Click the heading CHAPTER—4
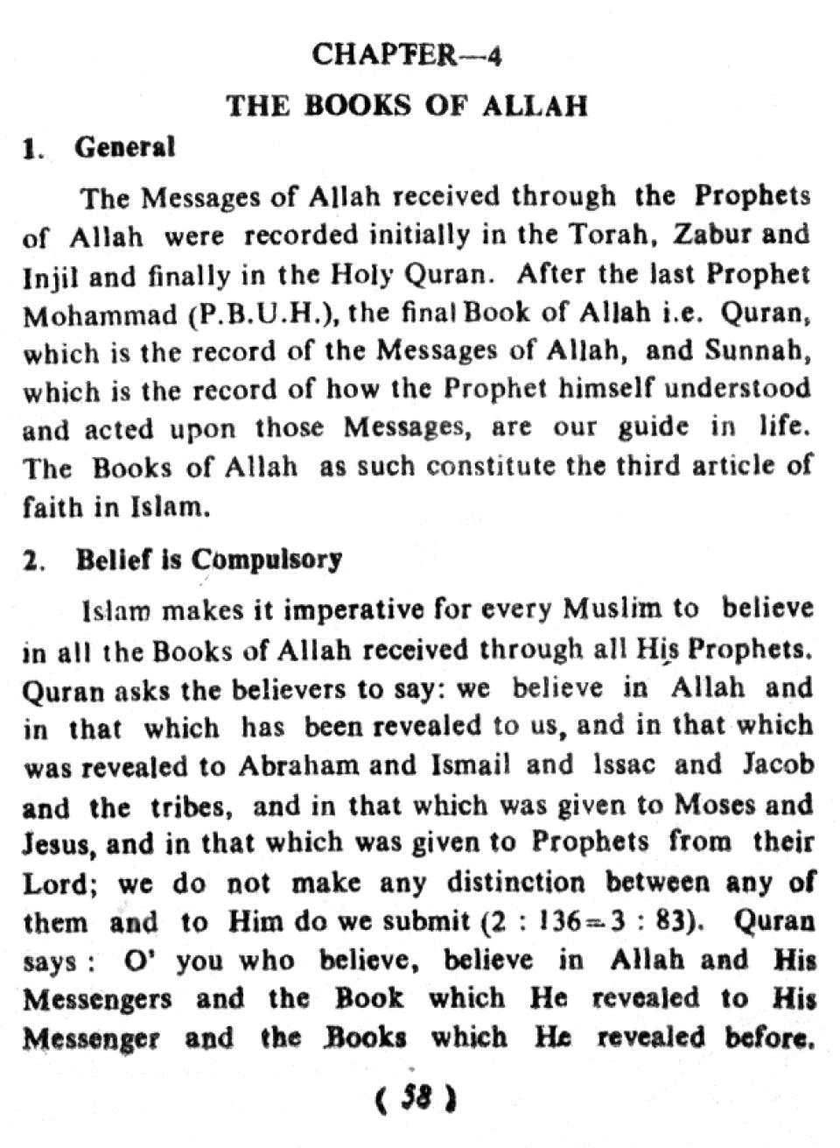point(407,56)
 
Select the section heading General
point(125,147)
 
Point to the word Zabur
point(715,236)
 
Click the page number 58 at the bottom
point(416,1097)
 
